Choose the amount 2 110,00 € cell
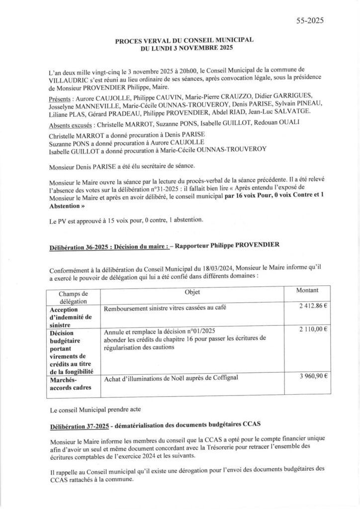[x=313, y=330]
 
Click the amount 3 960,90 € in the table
[x=313, y=377]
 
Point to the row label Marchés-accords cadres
[x=68, y=384]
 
